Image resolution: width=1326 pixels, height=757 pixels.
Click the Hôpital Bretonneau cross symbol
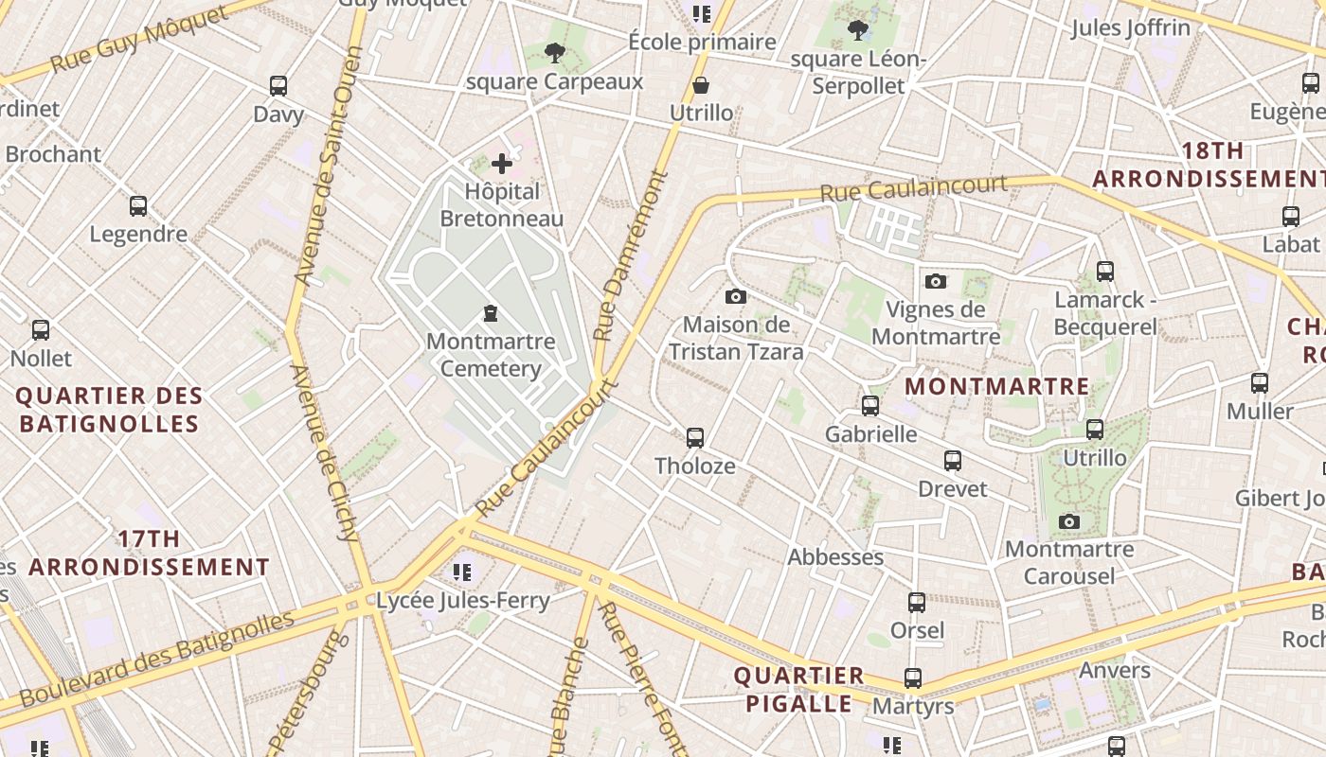[502, 165]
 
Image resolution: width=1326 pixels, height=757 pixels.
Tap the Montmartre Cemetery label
[490, 354]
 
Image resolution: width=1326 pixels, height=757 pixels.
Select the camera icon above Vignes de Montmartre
[935, 281]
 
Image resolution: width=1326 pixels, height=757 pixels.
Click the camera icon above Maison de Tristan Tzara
[736, 297]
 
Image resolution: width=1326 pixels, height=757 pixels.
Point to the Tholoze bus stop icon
[695, 437]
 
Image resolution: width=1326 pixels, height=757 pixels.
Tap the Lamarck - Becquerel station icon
[1104, 272]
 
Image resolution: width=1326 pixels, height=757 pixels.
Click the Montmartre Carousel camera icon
[1069, 521]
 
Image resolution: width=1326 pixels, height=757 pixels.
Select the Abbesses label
[835, 556]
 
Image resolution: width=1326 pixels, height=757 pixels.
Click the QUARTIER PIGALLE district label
[799, 689]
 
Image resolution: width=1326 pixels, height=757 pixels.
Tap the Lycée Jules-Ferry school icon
[462, 572]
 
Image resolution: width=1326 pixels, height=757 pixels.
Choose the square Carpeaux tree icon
[555, 54]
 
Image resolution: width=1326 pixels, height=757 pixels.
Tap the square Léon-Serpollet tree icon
[858, 30]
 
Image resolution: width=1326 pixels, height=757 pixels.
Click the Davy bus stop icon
[278, 86]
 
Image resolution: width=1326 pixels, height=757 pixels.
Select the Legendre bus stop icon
[138, 206]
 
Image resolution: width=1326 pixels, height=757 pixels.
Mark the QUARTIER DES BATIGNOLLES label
[109, 409]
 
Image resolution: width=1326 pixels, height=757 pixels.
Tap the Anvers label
[1115, 670]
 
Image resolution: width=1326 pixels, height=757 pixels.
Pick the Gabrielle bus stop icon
[870, 406]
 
